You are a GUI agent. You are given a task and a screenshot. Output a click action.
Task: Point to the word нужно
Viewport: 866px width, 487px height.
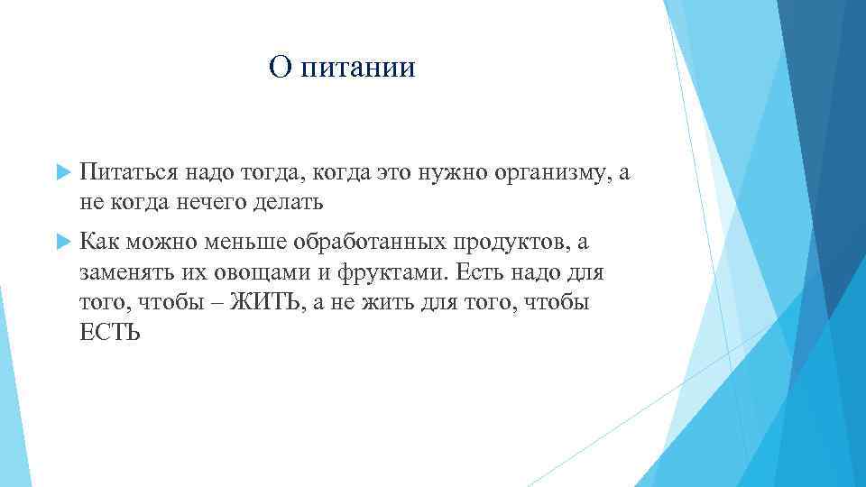click(455, 172)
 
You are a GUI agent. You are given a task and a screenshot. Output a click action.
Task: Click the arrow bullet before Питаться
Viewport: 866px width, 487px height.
click(62, 171)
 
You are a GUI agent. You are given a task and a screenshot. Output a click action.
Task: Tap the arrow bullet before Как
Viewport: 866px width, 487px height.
click(62, 242)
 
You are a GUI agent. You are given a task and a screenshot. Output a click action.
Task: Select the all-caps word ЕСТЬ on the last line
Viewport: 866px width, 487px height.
click(109, 333)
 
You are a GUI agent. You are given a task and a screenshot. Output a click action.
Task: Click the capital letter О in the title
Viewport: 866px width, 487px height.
click(279, 68)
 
